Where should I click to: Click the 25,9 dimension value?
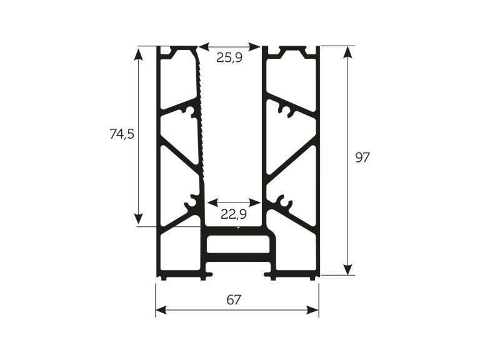[x=229, y=57]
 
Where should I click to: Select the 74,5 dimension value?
[x=122, y=134]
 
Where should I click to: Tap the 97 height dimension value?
[x=362, y=157]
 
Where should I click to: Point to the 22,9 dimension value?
[x=234, y=214]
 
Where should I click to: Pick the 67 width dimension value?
[x=234, y=300]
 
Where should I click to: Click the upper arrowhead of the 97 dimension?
[x=347, y=52]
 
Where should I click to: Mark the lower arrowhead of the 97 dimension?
[x=347, y=269]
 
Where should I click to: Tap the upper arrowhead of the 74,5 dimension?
[x=139, y=52]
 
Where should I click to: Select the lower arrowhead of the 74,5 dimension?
[x=139, y=220]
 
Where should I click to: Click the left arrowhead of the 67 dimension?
[x=161, y=310]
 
